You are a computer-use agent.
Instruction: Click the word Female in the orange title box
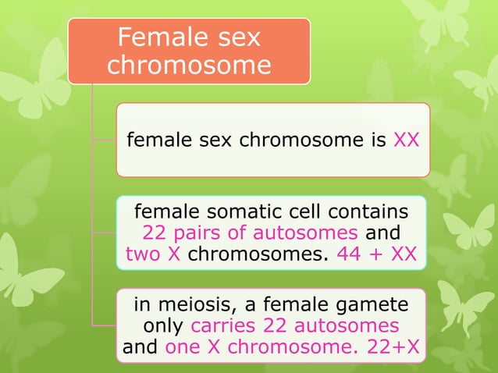161,37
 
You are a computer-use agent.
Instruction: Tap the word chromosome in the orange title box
189,65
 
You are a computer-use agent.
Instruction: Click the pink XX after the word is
407,140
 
